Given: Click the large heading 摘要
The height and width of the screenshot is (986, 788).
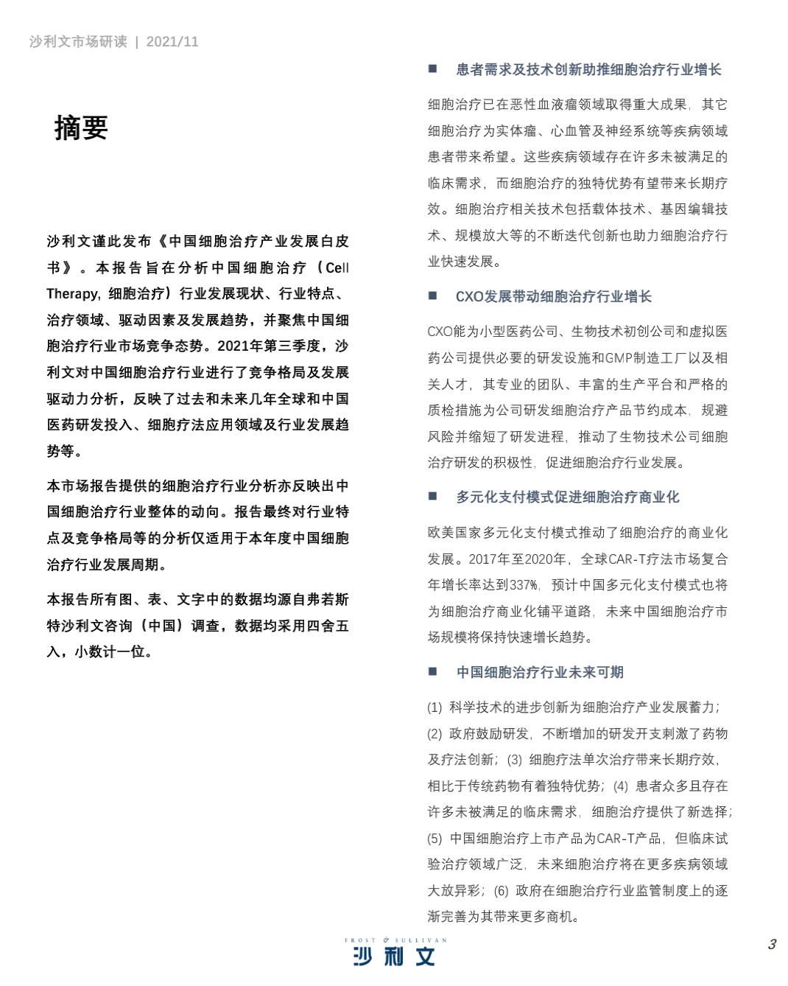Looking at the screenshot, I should tap(81, 128).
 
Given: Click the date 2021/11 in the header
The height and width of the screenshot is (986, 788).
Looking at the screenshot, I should tap(172, 42).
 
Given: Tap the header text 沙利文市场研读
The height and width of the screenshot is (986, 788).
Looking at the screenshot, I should tap(78, 42).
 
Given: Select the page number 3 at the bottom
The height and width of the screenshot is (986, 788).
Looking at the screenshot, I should tap(772, 944).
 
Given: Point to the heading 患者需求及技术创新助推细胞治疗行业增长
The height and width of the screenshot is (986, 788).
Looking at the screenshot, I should tap(588, 70).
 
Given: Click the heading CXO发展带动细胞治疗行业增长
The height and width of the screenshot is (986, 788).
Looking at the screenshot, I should tap(553, 297).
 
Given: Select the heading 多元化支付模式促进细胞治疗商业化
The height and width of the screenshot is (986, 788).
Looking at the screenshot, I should tap(567, 497).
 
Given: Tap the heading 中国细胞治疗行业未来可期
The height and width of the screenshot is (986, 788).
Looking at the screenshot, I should tap(540, 672).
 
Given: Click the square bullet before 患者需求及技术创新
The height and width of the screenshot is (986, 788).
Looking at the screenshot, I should tap(433, 69).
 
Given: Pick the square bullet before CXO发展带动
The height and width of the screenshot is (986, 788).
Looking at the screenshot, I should tap(433, 296).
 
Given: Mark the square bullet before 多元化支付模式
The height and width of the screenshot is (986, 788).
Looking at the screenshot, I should tap(433, 497).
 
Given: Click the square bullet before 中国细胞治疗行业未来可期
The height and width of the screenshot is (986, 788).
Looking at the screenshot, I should tap(433, 671).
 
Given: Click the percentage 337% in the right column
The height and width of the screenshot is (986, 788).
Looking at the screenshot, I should tap(524, 585).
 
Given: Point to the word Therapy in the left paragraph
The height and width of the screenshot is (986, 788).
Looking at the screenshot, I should tap(72, 294).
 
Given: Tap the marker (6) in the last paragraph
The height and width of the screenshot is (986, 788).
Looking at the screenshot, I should tap(501, 891).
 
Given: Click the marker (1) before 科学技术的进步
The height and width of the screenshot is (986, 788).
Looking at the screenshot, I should tap(435, 707).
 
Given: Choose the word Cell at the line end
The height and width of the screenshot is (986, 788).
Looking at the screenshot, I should tap(337, 268).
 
